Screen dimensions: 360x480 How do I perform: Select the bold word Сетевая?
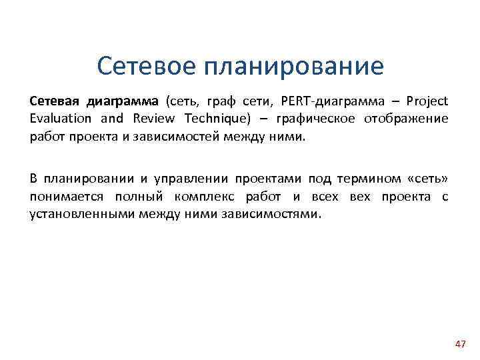click(x=53, y=102)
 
